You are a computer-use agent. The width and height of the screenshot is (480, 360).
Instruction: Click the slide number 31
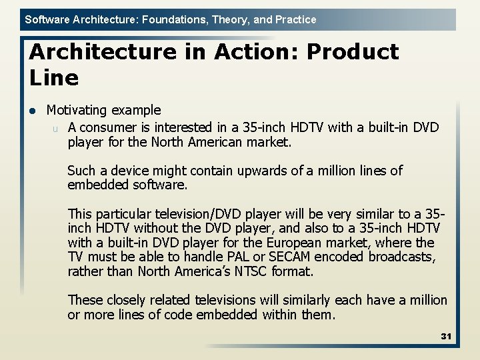pos(446,336)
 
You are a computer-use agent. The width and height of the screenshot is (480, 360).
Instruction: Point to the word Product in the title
pos(353,51)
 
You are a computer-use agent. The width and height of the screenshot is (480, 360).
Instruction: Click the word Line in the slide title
pos(54,78)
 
